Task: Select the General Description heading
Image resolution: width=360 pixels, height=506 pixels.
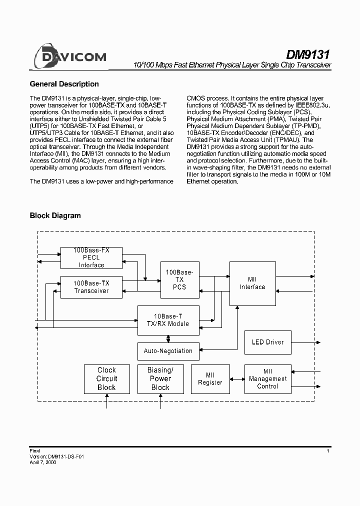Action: [x=64, y=84]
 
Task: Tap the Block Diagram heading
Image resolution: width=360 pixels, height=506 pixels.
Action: [x=55, y=215]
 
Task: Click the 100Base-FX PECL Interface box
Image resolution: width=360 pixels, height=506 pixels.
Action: [x=91, y=257]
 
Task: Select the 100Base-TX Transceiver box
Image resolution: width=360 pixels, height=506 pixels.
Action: [x=91, y=287]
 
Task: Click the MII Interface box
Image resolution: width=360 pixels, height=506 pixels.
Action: [x=252, y=283]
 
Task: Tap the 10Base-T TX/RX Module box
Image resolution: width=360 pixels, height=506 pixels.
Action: [x=168, y=320]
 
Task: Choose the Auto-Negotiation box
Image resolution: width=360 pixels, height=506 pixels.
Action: [x=168, y=351]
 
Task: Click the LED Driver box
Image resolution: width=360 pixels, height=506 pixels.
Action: [x=267, y=342]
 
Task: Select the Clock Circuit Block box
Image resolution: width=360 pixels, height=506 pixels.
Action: [x=106, y=379]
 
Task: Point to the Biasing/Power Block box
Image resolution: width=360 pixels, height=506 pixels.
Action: [x=160, y=379]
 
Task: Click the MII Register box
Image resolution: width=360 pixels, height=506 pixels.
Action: [x=210, y=379]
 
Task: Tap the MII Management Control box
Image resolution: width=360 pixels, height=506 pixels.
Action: [x=267, y=379]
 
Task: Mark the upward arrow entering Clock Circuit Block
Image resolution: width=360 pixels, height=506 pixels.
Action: [x=106, y=401]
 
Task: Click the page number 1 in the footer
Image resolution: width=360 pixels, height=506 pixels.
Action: [x=327, y=451]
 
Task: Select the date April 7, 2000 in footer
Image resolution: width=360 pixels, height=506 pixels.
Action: [x=43, y=463]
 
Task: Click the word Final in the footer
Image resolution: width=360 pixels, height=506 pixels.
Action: [x=35, y=451]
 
